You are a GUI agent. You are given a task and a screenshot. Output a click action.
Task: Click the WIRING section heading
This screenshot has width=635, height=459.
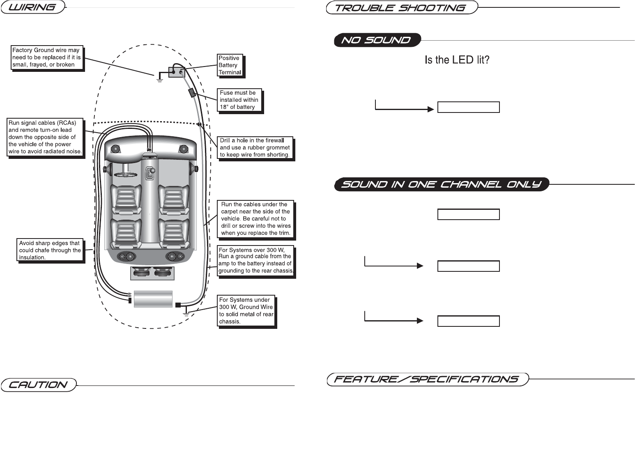coord(33,7)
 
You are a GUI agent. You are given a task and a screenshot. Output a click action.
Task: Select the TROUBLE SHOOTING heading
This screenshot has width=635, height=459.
coord(401,8)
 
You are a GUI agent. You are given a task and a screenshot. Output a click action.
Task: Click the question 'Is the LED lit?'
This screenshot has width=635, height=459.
coord(457,60)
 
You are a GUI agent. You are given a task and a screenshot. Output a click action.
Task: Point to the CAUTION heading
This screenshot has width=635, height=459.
coord(38,385)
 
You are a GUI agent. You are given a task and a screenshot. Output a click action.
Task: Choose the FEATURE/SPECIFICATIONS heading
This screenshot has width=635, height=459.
coord(427,379)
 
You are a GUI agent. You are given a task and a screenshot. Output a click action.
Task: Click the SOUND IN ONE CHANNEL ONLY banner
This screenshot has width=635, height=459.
coord(442,184)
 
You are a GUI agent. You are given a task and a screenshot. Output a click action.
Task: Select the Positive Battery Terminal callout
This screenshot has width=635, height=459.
coord(230,65)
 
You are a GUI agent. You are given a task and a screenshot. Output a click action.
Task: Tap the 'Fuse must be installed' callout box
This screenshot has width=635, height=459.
coord(239,100)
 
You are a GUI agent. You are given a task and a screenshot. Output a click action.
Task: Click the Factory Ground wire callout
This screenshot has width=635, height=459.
coord(46,57)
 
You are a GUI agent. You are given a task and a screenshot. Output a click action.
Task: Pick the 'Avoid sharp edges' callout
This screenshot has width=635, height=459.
coord(50,250)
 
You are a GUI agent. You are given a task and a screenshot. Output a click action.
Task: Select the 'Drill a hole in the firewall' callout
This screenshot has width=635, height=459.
coord(255,147)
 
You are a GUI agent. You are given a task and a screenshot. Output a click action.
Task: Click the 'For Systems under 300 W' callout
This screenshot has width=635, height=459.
coord(246,311)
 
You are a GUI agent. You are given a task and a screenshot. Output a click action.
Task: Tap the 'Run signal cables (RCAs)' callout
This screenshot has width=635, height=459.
coord(45,137)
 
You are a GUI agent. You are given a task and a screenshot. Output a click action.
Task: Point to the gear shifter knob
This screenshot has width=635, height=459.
coord(152,170)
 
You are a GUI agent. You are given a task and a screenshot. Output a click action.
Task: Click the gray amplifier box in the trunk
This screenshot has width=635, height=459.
coord(153,299)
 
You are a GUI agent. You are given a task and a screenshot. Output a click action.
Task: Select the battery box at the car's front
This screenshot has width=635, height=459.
coord(177,72)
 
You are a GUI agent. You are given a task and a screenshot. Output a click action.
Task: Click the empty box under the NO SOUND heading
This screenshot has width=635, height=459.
coord(468,107)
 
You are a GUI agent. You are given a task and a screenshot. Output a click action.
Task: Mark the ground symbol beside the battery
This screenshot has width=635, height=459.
coord(159,78)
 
